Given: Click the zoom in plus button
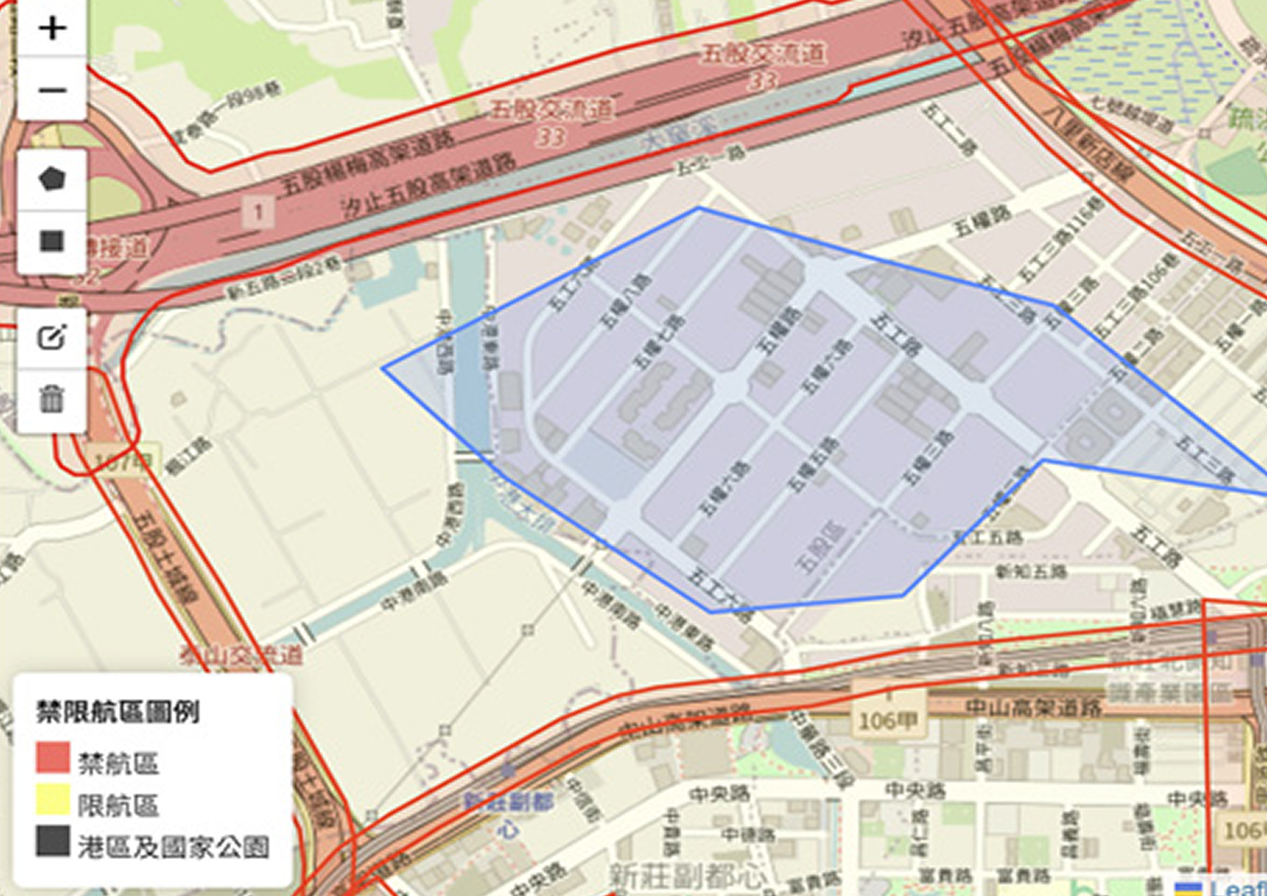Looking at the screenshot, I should pyautogui.click(x=52, y=28).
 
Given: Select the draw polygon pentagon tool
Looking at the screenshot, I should pyautogui.click(x=52, y=179).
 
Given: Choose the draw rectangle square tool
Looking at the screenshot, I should pyautogui.click(x=52, y=241).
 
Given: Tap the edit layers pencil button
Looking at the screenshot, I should pyautogui.click(x=52, y=337).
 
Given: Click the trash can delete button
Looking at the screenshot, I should pyautogui.click(x=52, y=399).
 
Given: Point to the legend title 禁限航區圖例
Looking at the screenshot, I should pyautogui.click(x=118, y=711).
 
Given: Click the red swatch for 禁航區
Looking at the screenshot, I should pyautogui.click(x=53, y=757).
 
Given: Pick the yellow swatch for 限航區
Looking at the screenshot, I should pyautogui.click(x=53, y=799).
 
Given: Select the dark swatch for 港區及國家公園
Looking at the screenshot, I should pyautogui.click(x=53, y=842).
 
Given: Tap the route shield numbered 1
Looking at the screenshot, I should pyautogui.click(x=258, y=213).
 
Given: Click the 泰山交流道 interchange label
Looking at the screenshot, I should pyautogui.click(x=241, y=656).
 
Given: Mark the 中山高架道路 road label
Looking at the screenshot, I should pyautogui.click(x=1034, y=707).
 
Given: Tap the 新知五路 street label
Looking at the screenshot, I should pyautogui.click(x=1031, y=571).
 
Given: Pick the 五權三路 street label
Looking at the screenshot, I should pyautogui.click(x=929, y=459).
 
